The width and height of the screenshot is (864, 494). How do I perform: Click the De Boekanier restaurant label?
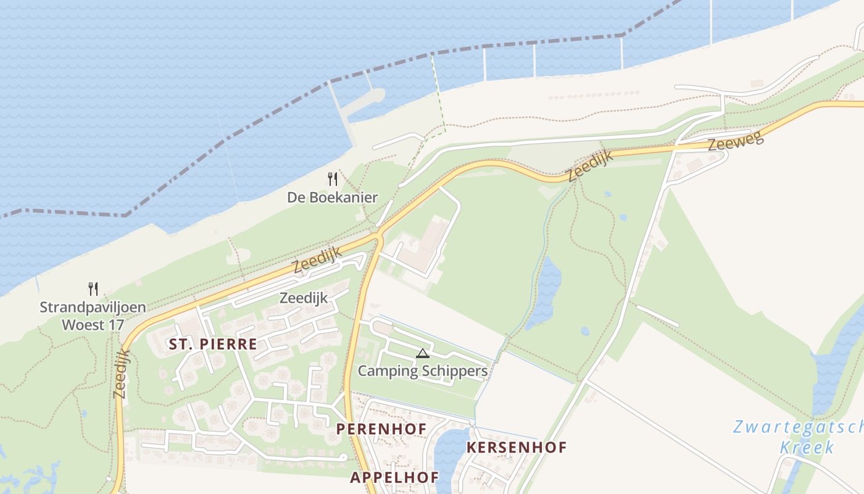[332, 198]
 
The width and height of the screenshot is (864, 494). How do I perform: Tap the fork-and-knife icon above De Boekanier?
[333, 179]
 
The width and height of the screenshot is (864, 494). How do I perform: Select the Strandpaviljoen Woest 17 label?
[93, 316]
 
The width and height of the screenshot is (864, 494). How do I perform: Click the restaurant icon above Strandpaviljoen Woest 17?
[93, 288]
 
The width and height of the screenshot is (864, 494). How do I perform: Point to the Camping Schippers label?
[423, 371]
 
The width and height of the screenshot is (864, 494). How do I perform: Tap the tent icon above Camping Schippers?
[422, 353]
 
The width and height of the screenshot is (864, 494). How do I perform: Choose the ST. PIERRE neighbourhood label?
[213, 345]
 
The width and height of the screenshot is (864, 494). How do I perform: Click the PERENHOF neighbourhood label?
[381, 428]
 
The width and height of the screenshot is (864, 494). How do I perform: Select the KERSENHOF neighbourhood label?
[517, 447]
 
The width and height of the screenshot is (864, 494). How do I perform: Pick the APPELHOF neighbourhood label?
[394, 477]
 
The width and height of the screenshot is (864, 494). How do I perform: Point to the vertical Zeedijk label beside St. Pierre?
[121, 374]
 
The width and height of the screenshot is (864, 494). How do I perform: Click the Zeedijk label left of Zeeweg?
[590, 165]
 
